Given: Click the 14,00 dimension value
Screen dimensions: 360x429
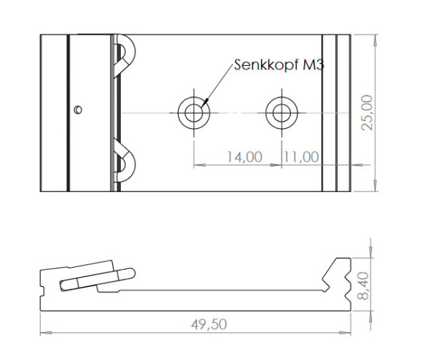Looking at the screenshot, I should (244, 157).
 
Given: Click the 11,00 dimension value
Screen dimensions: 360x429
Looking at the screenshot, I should (300, 157).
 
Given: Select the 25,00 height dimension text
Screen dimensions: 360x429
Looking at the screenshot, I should (366, 112).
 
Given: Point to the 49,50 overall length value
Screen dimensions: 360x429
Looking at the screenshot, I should (208, 324).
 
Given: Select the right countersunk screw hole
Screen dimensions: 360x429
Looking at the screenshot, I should (280, 112).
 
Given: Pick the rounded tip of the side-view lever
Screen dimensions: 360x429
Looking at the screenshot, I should (129, 273).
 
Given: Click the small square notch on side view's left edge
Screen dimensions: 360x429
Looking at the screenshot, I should (44, 291).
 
